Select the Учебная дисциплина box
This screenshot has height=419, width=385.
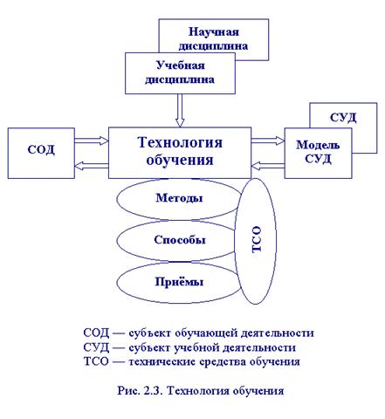pyautogui.click(x=180, y=73)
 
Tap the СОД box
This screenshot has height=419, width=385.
pyautogui.click(x=41, y=153)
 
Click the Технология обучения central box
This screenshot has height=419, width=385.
pyautogui.click(x=180, y=153)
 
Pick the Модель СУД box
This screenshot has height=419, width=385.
pyautogui.click(x=318, y=153)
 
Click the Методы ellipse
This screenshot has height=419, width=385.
pyautogui.click(x=178, y=199)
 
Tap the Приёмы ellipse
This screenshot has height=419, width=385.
pyautogui.click(x=178, y=282)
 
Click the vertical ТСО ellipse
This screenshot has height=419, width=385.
pyautogui.click(x=255, y=242)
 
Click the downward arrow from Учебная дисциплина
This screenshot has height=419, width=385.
pyautogui.click(x=180, y=111)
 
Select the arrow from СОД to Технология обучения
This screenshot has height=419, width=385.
pyautogui.click(x=92, y=141)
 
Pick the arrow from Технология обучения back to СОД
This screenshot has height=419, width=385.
pyautogui.click(x=92, y=166)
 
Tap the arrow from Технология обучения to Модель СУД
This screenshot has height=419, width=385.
pyautogui.click(x=268, y=141)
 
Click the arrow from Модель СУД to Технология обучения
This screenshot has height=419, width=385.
pyautogui.click(x=268, y=166)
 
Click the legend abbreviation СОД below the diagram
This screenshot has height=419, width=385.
pyautogui.click(x=96, y=333)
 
